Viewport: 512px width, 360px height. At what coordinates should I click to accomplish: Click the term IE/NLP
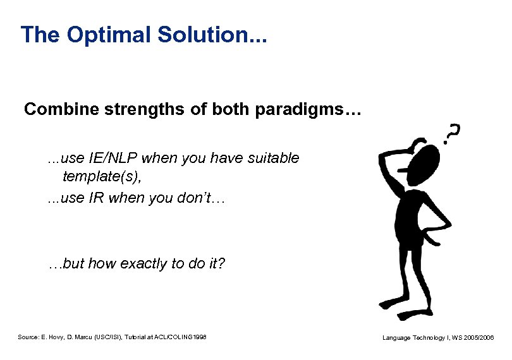112,159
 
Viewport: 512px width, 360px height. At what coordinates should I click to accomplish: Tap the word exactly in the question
140,263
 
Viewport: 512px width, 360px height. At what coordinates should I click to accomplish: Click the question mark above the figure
451,132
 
